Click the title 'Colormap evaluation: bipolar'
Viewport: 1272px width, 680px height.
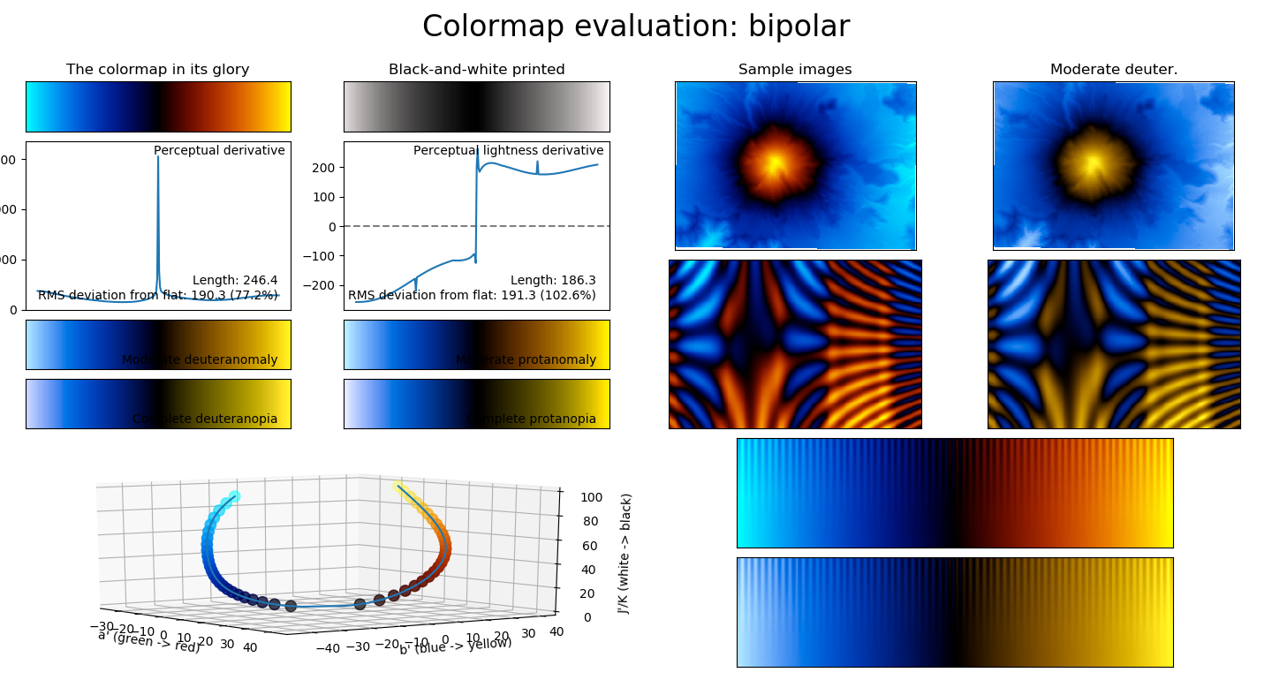click(x=635, y=27)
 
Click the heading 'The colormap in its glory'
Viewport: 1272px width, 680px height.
click(x=158, y=70)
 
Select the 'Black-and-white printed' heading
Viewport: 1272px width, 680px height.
click(x=476, y=70)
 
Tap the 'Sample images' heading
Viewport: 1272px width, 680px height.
click(x=795, y=70)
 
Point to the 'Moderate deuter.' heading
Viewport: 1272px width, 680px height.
click(x=1113, y=70)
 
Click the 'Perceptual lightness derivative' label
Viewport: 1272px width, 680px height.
click(x=508, y=151)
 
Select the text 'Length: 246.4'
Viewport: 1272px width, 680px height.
click(x=235, y=280)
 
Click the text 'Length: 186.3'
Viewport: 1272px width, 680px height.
click(x=553, y=280)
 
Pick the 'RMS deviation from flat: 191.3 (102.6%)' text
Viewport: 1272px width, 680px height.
click(x=472, y=295)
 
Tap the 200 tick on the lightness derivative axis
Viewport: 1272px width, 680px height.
click(x=323, y=168)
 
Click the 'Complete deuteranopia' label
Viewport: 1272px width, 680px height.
click(x=205, y=419)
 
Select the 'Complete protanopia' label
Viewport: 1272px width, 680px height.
click(x=531, y=419)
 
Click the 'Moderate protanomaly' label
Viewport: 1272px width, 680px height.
click(x=526, y=360)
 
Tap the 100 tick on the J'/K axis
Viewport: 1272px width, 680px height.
click(x=591, y=497)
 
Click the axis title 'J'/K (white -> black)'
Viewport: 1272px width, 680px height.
click(x=625, y=553)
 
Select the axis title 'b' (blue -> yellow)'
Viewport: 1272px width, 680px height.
click(x=455, y=646)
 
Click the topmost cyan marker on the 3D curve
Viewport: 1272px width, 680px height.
click(x=234, y=497)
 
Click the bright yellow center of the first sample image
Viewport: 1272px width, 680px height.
click(x=775, y=163)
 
